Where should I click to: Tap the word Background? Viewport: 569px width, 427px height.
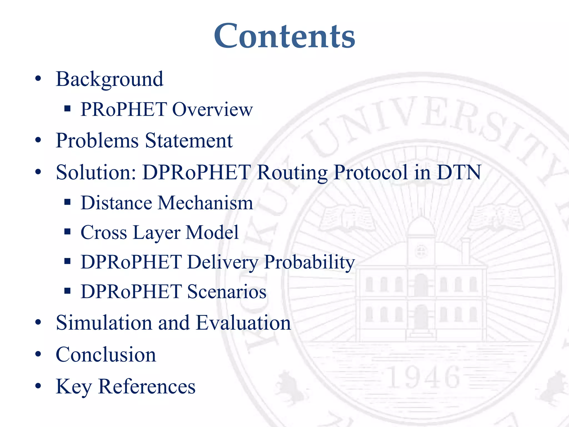[x=109, y=79]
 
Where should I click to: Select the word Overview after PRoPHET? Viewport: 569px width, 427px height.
[x=213, y=109]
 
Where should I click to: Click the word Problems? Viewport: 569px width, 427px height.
[x=97, y=140]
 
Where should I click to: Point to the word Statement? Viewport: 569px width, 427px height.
[x=189, y=140]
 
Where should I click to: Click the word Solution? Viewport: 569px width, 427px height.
[x=96, y=172]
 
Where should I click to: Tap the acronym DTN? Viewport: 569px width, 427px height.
[x=459, y=172]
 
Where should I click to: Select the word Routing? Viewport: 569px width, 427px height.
[x=292, y=173]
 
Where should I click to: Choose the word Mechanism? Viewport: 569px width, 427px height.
[x=205, y=203]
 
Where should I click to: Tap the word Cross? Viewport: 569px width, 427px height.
[x=104, y=232]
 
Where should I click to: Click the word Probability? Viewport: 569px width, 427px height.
[x=310, y=262]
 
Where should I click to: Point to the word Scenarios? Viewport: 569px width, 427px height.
[x=227, y=292]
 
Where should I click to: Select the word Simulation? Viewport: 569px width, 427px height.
[x=104, y=323]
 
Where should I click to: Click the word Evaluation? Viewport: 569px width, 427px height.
[x=243, y=323]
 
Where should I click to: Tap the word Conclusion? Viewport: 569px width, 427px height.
[x=106, y=355]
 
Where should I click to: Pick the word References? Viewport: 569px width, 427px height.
[x=147, y=386]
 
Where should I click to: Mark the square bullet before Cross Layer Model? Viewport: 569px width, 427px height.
[x=67, y=232]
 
